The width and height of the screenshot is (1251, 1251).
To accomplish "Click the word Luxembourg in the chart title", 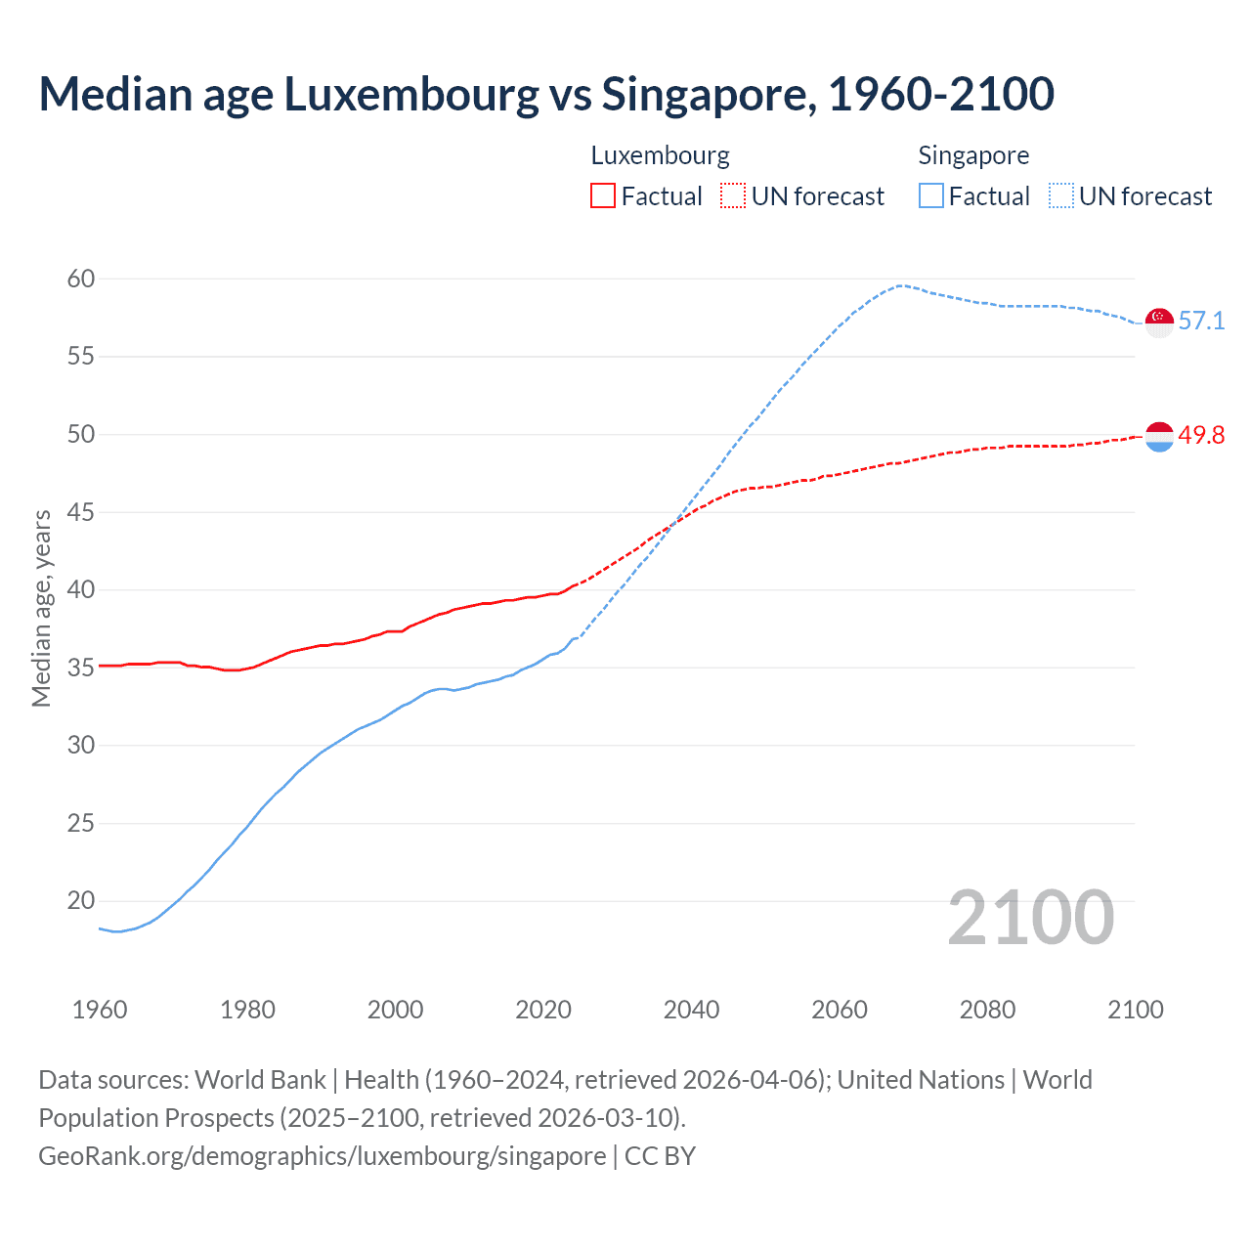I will tap(410, 94).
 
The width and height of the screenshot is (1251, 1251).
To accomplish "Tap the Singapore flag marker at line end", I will tap(1159, 322).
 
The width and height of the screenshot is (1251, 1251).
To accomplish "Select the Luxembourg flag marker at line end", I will tap(1159, 437).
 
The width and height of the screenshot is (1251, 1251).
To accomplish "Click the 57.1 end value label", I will tap(1201, 321).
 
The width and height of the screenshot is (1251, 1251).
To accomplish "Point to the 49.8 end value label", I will tap(1201, 435).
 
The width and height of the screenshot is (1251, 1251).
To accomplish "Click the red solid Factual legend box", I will tap(603, 195).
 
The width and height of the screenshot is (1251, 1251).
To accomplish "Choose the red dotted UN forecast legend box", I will tap(733, 195).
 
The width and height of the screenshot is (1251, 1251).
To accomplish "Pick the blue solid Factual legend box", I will tap(931, 195).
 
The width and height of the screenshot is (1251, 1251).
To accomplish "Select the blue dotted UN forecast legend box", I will tap(1061, 195).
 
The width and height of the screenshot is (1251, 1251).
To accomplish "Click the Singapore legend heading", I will tap(973, 155).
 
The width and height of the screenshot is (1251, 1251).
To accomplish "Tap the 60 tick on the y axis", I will tap(81, 279).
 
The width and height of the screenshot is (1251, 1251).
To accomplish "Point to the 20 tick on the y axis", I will tap(81, 900).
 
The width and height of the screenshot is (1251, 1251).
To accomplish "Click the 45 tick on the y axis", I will tap(81, 512).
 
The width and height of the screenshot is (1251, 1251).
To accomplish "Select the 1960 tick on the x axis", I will tap(100, 1010).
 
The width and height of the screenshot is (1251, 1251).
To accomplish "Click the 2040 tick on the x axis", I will tap(691, 1010).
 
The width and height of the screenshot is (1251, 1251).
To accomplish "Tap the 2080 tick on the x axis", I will tap(987, 1010).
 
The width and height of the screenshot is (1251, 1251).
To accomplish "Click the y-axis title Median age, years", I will tap(41, 608).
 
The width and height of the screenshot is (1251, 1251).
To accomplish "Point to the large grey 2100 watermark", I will tap(1031, 917).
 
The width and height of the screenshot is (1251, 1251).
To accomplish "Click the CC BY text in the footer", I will tap(660, 1155).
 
